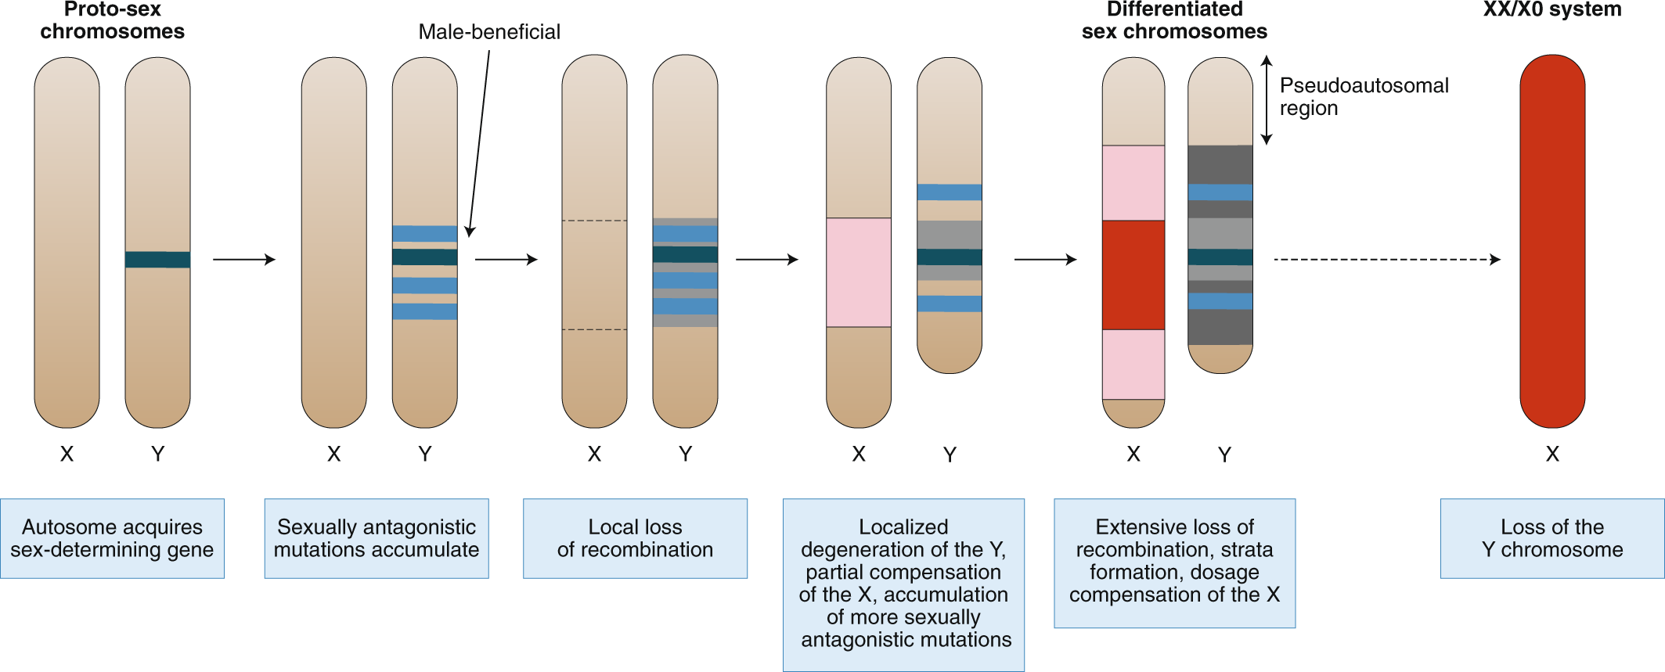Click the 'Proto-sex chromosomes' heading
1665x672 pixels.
point(112,20)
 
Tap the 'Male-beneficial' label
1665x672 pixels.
point(489,32)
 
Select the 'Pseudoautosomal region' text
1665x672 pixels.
point(1363,96)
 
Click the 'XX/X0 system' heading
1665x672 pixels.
point(1551,9)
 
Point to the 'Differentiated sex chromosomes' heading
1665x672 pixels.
point(1174,20)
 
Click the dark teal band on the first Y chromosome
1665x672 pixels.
point(157,260)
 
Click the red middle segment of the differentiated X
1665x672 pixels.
point(1133,275)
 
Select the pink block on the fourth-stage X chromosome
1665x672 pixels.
point(858,272)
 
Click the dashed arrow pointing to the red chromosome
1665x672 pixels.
point(1386,260)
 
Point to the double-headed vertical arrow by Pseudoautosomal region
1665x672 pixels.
point(1267,100)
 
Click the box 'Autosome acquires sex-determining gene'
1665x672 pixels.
point(112,538)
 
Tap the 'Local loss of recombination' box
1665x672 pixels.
point(635,538)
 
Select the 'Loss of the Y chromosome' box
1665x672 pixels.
point(1551,538)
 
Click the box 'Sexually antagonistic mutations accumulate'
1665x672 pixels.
point(376,538)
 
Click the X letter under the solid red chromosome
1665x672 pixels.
point(1552,454)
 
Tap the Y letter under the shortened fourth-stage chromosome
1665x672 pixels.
point(950,455)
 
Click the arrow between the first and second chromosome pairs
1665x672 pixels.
point(244,260)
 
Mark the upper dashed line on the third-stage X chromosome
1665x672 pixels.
point(594,221)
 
